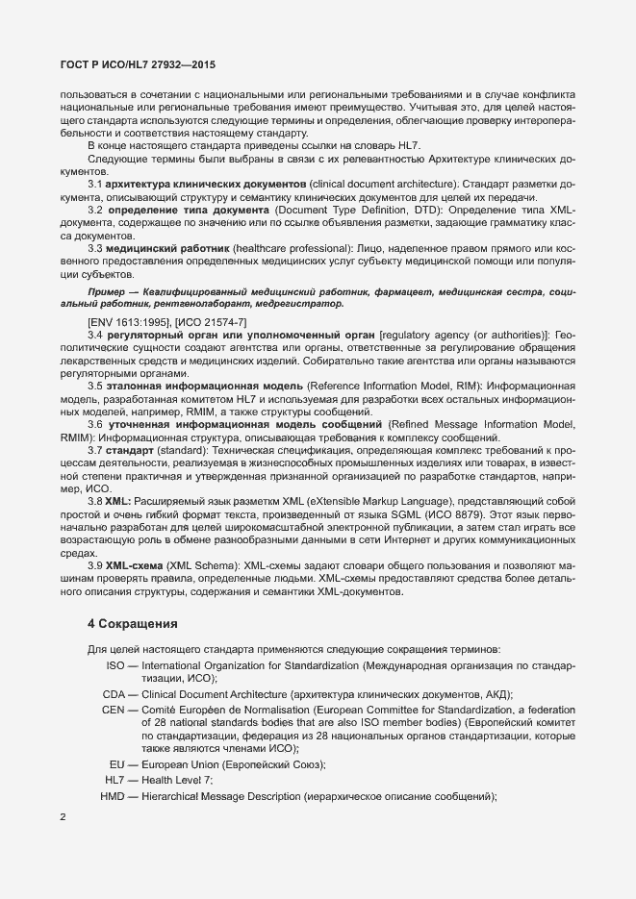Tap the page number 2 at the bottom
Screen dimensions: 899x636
pyautogui.click(x=63, y=818)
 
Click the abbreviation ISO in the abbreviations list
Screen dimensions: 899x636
pyautogui.click(x=115, y=665)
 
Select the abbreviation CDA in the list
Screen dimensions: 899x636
pyautogui.click(x=114, y=694)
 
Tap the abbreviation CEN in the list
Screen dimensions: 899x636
pyautogui.click(x=114, y=709)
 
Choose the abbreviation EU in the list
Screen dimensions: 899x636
pyautogui.click(x=118, y=764)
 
